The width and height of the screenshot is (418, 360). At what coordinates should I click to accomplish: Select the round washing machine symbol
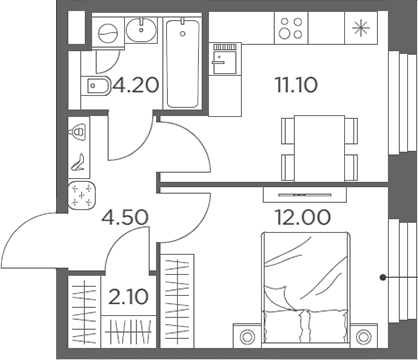[102, 33]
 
